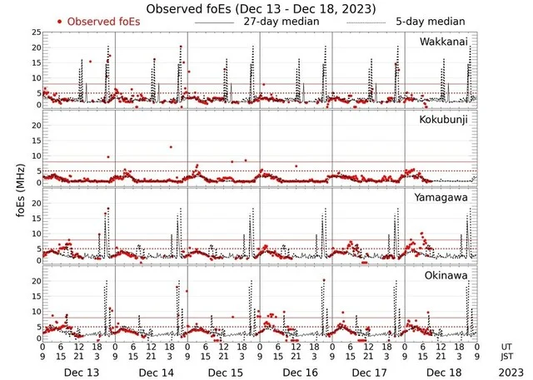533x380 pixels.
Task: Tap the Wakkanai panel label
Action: pos(444,41)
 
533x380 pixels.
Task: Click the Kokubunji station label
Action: pos(443,121)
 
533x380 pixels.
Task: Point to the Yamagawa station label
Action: pos(441,199)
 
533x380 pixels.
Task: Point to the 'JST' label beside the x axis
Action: pos(506,357)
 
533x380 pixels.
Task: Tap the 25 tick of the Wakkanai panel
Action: pos(36,32)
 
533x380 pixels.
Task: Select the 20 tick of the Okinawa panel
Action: pos(36,281)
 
